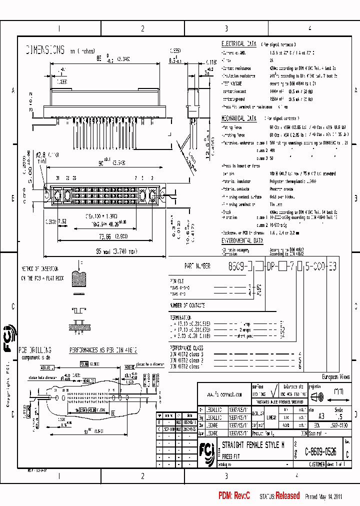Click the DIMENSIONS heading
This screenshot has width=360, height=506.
point(45,50)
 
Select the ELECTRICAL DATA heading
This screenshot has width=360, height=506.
point(239,44)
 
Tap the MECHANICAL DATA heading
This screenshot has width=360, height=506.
point(239,118)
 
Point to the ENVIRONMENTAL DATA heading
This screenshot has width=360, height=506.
point(242,240)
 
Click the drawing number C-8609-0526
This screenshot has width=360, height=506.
point(320,451)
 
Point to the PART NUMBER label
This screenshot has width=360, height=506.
point(197,266)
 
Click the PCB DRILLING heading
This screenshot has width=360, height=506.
point(34,350)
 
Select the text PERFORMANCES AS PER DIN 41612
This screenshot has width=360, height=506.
point(103,351)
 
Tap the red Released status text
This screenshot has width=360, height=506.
point(287,496)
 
